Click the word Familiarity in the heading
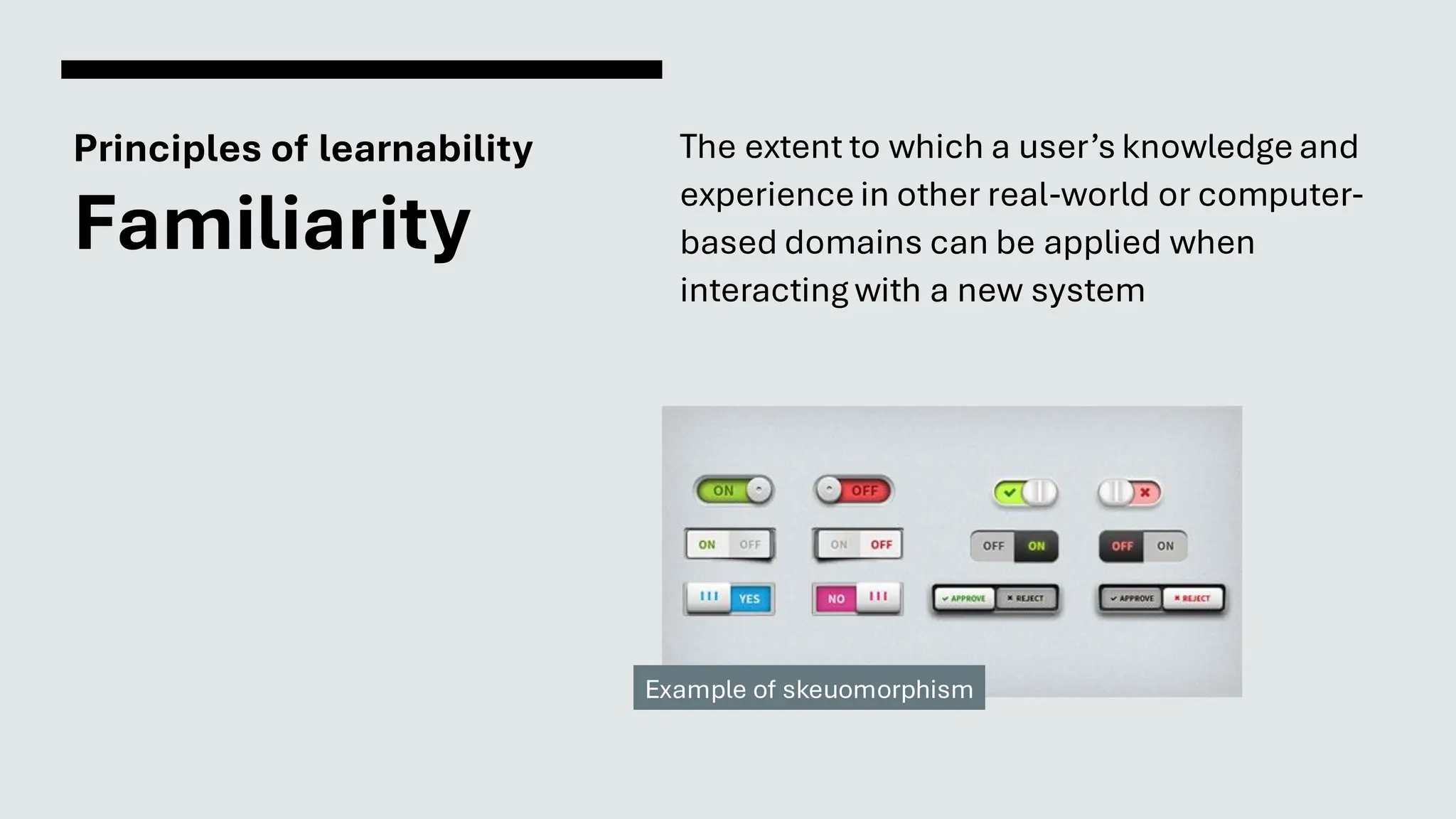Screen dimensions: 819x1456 [x=272, y=223]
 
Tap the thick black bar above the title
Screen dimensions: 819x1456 [x=361, y=70]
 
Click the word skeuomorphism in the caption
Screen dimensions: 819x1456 [x=877, y=690]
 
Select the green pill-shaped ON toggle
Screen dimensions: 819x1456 [x=733, y=491]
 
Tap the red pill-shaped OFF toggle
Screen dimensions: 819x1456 [x=854, y=491]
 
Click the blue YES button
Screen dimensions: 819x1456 [x=749, y=599]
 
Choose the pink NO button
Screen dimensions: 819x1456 [x=836, y=599]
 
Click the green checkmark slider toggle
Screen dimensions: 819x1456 [x=1024, y=492]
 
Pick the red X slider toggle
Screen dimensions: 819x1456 [x=1130, y=492]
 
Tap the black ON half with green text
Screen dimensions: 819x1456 [x=1036, y=546]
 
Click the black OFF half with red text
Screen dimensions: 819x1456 [x=1122, y=546]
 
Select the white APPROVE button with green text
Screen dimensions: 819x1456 [x=964, y=599]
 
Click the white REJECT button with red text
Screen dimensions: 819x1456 [x=1192, y=599]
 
